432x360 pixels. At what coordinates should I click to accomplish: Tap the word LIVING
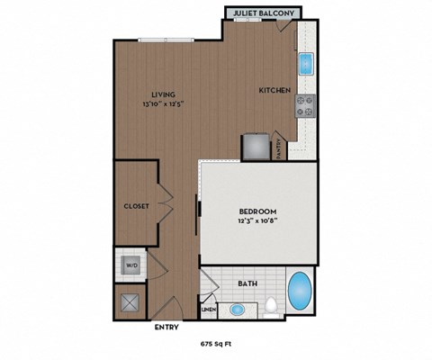click(163, 94)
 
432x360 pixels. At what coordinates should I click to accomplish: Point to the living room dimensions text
click(163, 103)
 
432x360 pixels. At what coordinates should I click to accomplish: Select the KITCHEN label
click(274, 91)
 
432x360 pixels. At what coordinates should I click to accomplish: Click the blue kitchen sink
click(306, 64)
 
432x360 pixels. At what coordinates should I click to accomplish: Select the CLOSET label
click(137, 205)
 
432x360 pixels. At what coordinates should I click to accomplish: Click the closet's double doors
click(165, 203)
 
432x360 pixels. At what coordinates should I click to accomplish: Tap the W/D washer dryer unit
click(130, 265)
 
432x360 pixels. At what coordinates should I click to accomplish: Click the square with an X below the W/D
click(130, 301)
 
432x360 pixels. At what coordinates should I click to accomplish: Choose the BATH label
click(247, 283)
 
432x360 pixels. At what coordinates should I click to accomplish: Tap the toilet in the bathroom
click(270, 309)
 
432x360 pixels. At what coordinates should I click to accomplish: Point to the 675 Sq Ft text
click(215, 344)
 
